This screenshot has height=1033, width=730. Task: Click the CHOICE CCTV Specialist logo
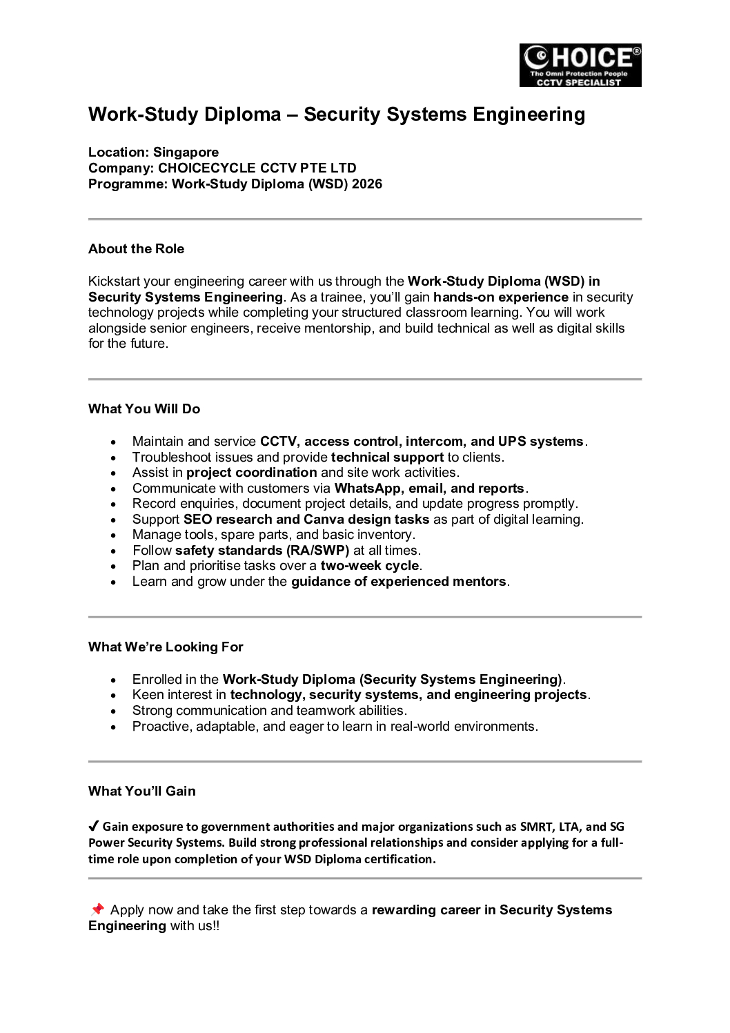(580, 66)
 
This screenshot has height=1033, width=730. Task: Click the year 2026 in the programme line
(366, 184)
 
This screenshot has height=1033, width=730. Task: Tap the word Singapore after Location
(186, 153)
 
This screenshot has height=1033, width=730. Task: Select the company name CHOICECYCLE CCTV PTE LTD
(257, 168)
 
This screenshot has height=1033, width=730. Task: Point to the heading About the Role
(136, 249)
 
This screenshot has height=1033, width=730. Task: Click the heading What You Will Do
(144, 409)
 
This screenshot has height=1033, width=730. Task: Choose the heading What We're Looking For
(166, 647)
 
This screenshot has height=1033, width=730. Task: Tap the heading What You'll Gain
(141, 791)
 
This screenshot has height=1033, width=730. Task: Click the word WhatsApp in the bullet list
(367, 489)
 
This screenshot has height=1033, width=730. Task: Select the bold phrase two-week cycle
(370, 566)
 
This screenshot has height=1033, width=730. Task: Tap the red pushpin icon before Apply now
(97, 909)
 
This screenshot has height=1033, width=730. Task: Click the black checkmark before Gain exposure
(94, 826)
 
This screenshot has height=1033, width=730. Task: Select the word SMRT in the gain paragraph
(536, 827)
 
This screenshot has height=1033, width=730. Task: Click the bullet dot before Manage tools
(113, 535)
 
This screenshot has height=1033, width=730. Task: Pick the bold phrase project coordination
(251, 473)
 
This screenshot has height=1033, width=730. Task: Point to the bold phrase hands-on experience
(501, 297)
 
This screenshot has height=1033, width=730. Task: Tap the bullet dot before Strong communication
(113, 711)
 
